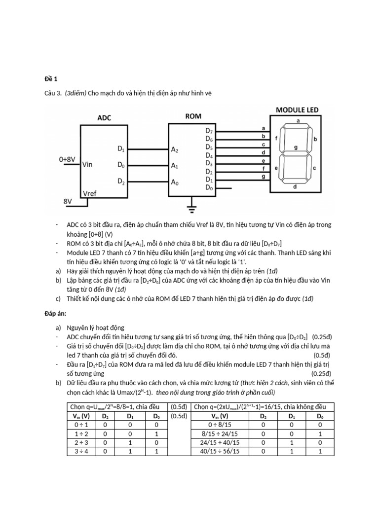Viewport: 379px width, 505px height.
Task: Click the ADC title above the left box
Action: tap(104, 118)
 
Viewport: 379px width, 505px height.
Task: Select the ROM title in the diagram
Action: tap(193, 116)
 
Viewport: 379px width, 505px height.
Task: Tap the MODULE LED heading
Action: tap(297, 109)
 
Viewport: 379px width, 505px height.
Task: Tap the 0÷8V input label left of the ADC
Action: tap(67, 159)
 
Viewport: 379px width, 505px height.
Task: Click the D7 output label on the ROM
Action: tap(209, 131)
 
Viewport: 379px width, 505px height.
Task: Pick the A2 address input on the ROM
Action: tap(175, 148)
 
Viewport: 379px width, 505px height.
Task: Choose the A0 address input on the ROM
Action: tap(175, 182)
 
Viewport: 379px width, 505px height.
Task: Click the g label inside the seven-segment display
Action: tap(296, 147)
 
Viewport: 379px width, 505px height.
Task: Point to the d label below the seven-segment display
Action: tap(295, 187)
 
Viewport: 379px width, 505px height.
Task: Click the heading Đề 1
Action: tap(51, 78)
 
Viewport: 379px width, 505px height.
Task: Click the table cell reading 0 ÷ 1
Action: tap(80, 424)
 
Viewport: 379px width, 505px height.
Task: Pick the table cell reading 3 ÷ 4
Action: tap(80, 451)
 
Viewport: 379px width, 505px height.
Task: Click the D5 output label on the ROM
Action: tap(209, 147)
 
